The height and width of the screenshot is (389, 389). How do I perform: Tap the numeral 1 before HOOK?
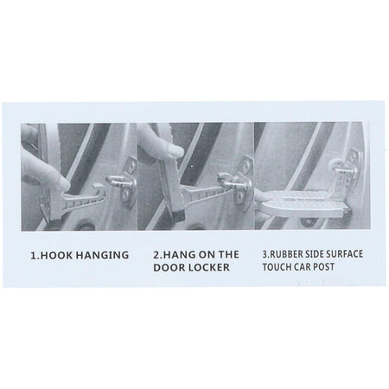tap(33, 255)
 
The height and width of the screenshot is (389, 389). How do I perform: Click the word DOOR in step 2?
tap(169, 268)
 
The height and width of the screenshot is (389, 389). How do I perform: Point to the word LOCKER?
tap(209, 268)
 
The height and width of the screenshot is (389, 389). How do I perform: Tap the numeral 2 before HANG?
tap(156, 255)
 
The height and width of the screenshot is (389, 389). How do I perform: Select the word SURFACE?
tap(344, 254)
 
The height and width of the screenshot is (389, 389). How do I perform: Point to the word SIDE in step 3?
tap(313, 254)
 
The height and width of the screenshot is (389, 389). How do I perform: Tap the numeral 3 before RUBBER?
tap(265, 254)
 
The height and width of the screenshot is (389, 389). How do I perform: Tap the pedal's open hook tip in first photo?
tap(101, 187)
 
